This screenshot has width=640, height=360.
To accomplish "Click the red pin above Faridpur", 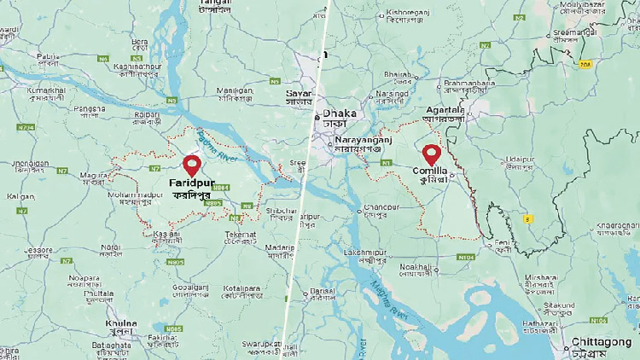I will click(192, 164).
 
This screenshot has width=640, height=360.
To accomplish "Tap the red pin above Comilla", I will click(433, 154).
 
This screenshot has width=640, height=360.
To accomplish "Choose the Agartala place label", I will click(444, 111).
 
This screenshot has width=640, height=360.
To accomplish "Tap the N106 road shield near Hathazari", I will click(598, 321).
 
